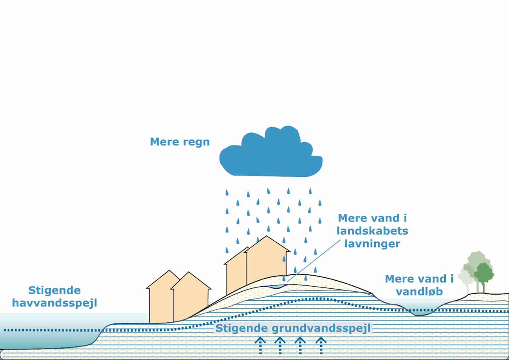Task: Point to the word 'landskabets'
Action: [x=373, y=231]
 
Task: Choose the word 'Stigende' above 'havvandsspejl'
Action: [x=54, y=290]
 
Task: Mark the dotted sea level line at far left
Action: [x=42, y=329]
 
